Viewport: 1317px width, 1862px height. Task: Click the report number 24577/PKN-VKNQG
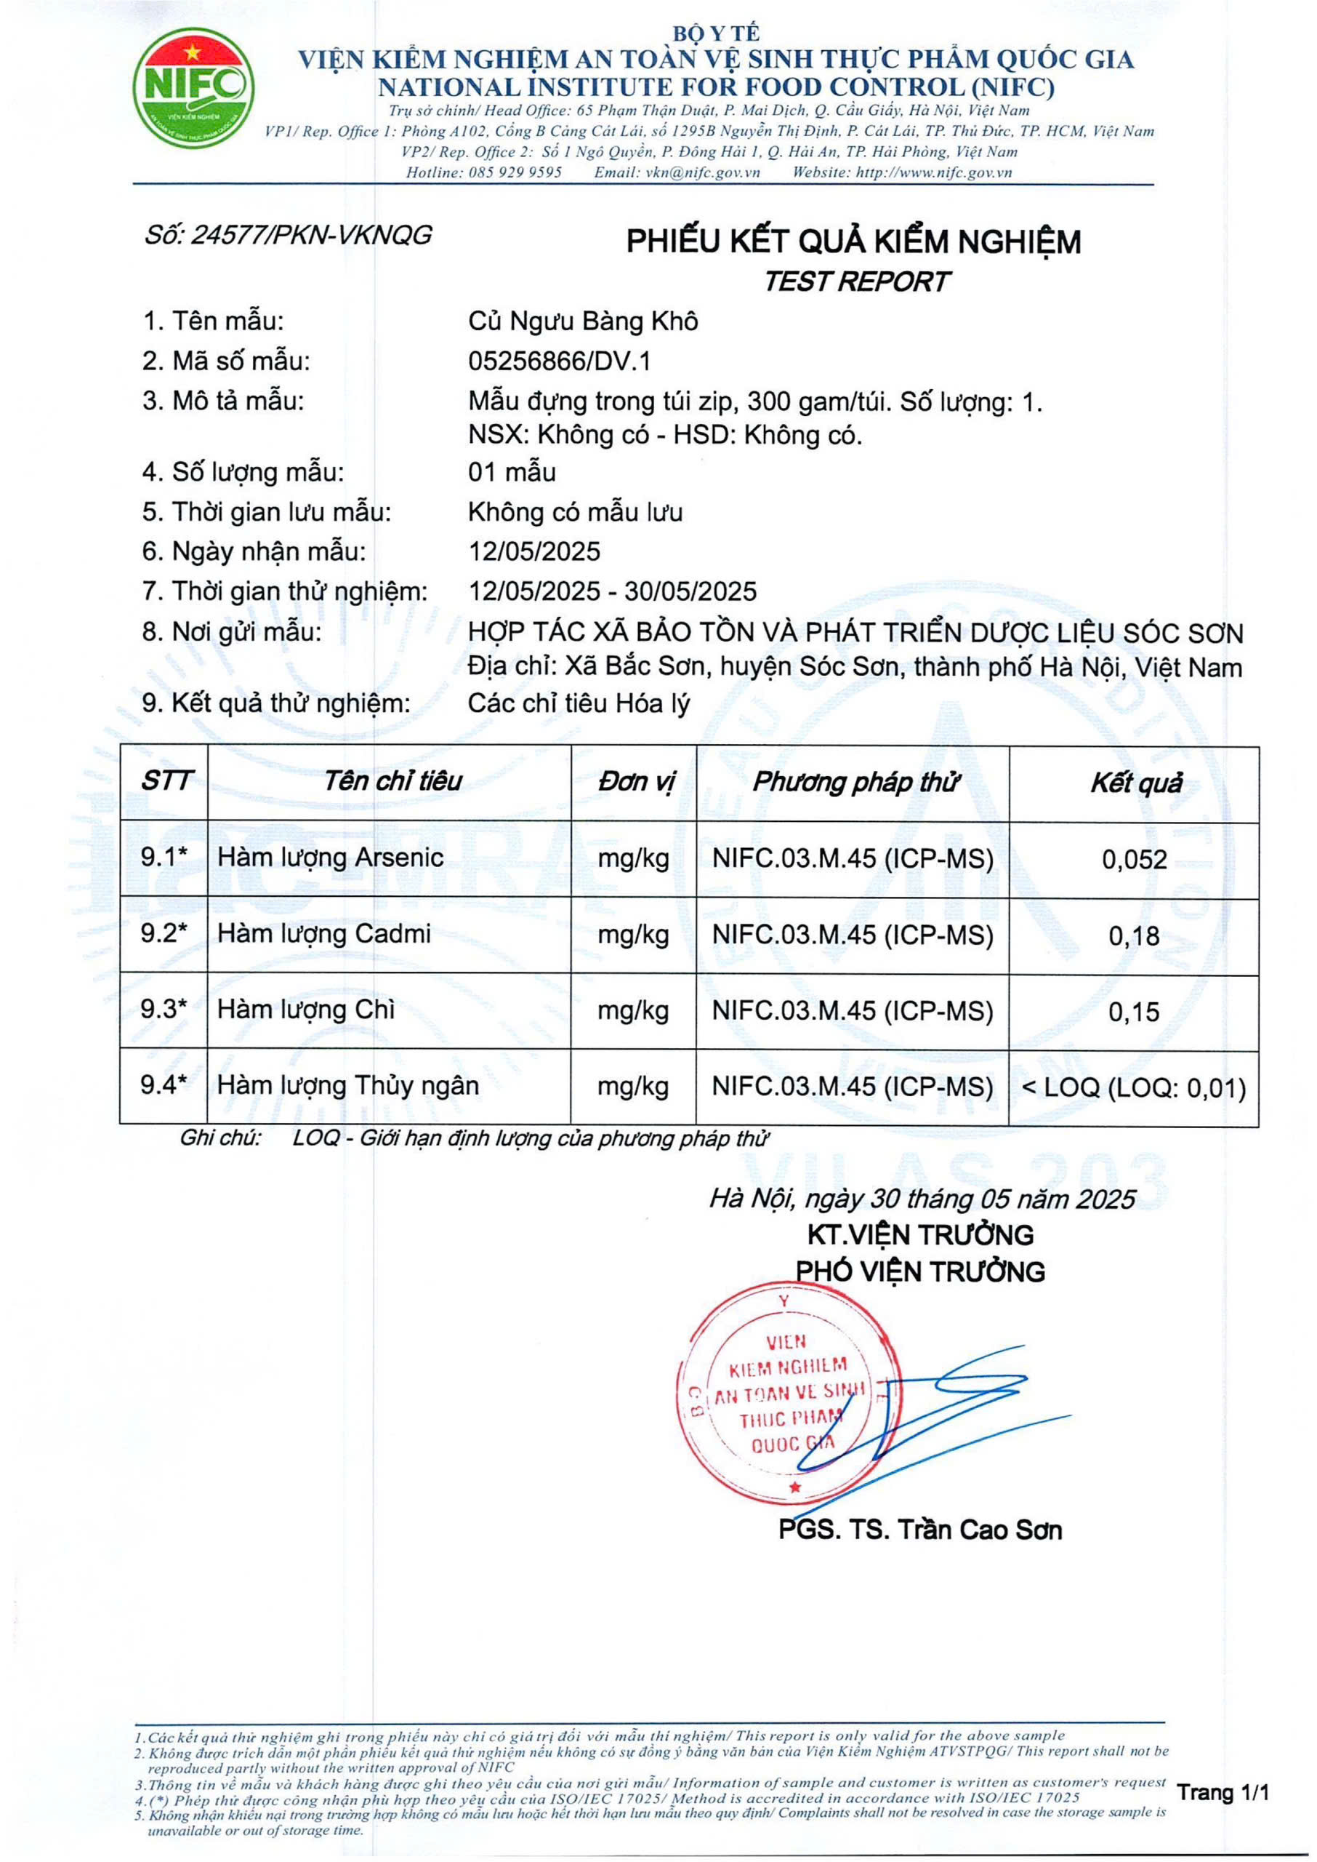click(x=288, y=235)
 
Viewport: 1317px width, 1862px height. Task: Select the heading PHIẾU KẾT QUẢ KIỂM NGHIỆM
click(x=853, y=241)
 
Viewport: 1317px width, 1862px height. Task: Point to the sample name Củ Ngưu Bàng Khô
click(x=582, y=321)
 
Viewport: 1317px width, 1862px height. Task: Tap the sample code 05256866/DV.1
click(x=559, y=361)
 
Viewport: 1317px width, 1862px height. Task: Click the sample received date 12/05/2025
click(x=533, y=552)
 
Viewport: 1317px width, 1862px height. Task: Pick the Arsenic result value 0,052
click(x=1134, y=859)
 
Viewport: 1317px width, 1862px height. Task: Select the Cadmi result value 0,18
click(x=1134, y=935)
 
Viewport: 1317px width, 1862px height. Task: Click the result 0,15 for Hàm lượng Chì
click(x=1134, y=1012)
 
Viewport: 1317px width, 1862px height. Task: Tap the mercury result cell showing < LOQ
click(x=1134, y=1088)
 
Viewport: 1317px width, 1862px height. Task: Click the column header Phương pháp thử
click(x=855, y=782)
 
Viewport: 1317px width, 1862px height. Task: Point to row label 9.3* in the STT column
click(x=164, y=1010)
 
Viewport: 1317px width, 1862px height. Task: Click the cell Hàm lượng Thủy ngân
click(x=348, y=1085)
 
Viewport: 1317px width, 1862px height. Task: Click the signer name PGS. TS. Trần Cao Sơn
click(x=919, y=1530)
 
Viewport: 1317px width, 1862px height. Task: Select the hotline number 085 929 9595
click(x=516, y=172)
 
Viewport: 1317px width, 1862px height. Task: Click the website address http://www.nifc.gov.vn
click(x=933, y=172)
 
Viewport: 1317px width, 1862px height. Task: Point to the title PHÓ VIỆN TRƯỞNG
click(x=919, y=1271)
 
